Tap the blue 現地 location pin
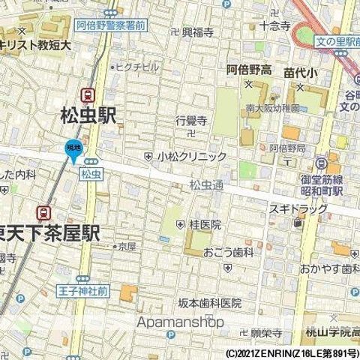(x=73, y=149)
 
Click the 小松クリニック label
(x=191, y=157)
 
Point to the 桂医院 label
(x=204, y=224)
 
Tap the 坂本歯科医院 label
(x=209, y=303)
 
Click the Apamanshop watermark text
(x=180, y=322)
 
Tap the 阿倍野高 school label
(x=249, y=70)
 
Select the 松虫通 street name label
(x=206, y=184)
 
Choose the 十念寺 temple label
(x=274, y=25)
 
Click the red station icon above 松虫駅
(x=89, y=94)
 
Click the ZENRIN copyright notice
(x=292, y=352)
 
